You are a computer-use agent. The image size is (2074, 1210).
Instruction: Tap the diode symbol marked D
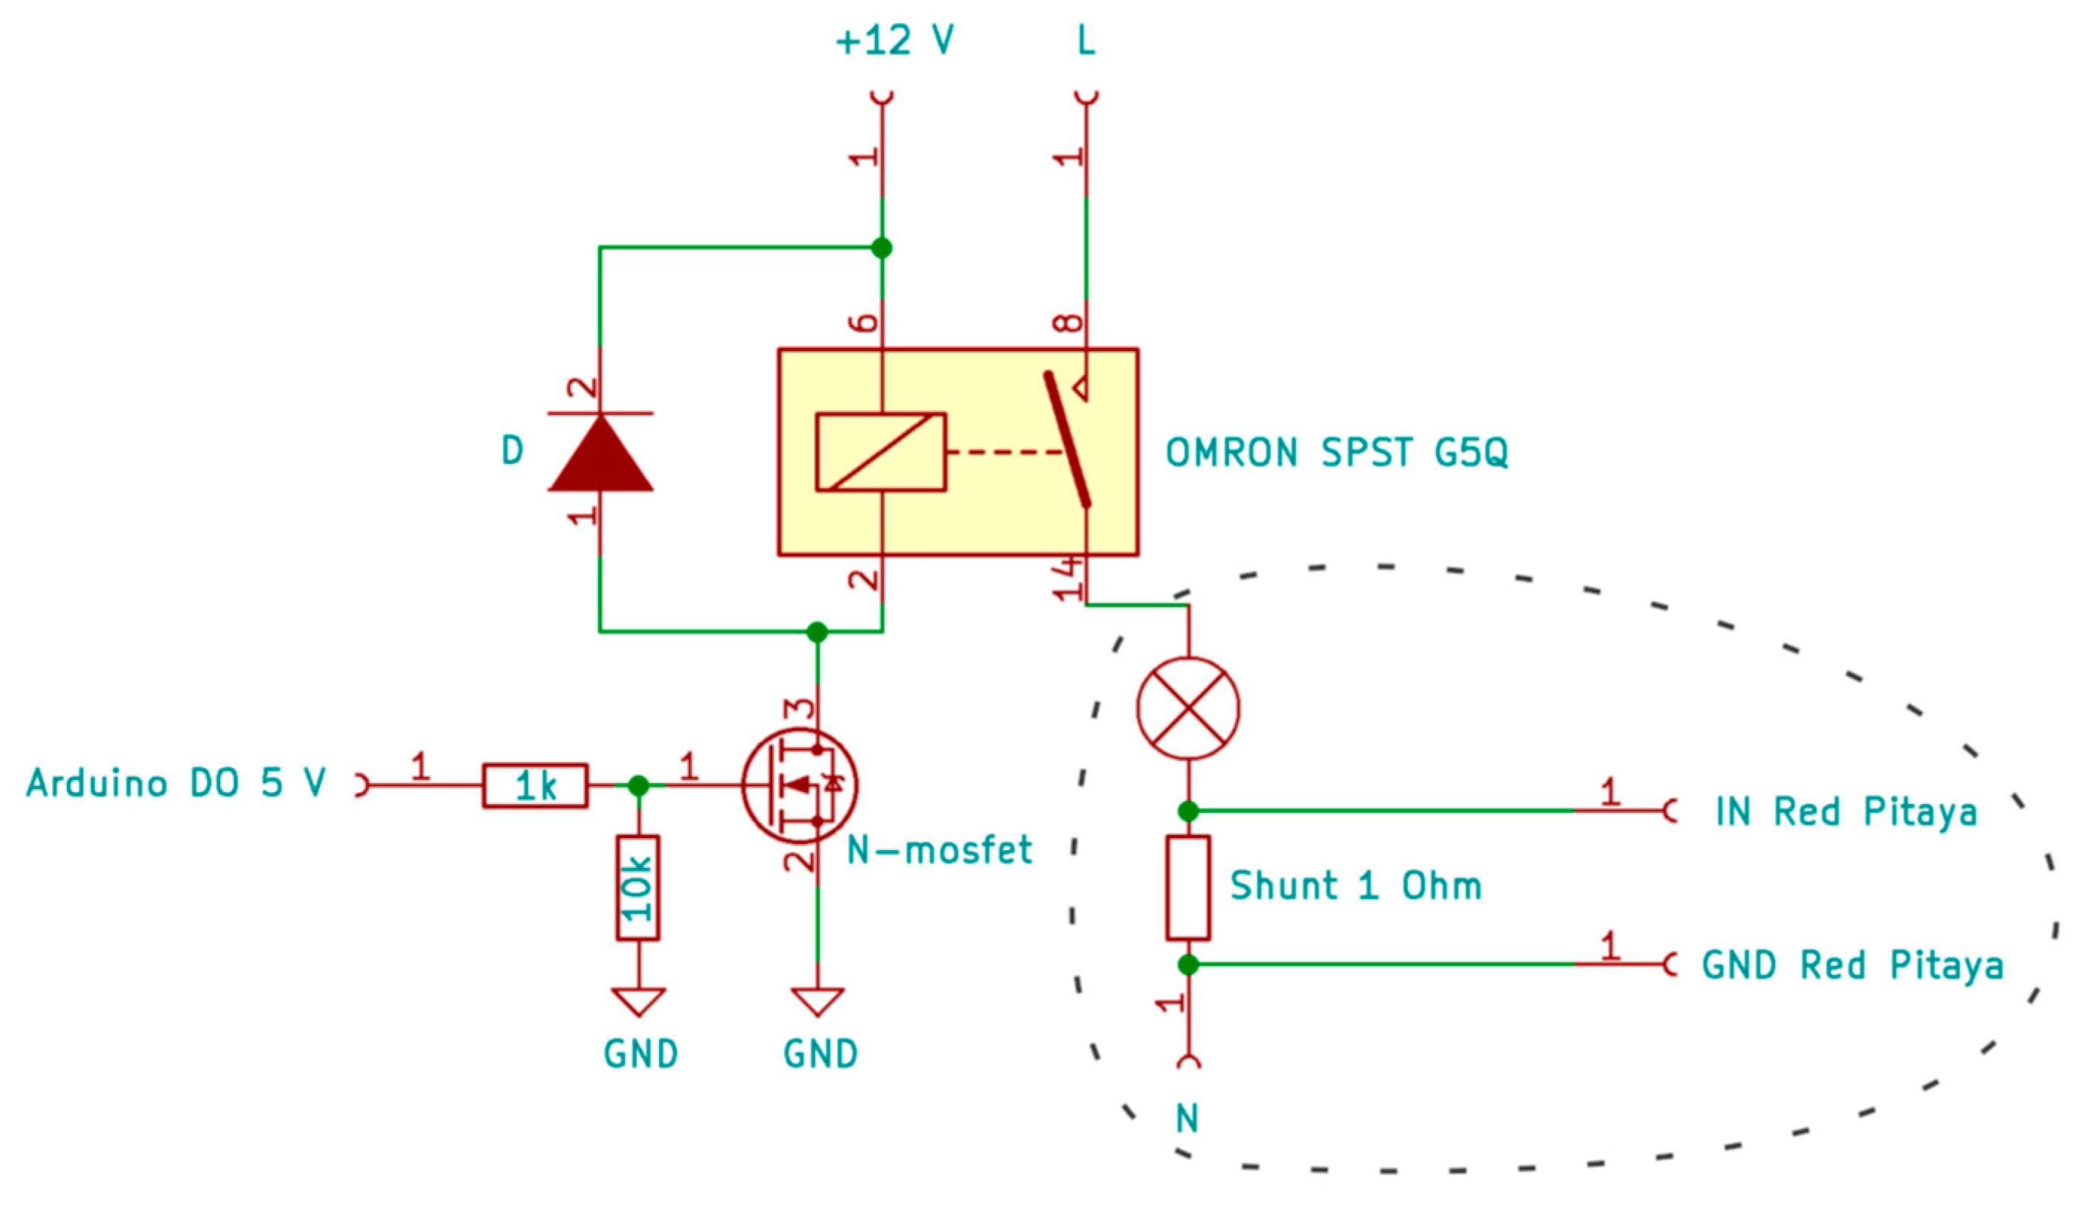point(601,452)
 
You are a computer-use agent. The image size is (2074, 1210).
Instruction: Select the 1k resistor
point(535,786)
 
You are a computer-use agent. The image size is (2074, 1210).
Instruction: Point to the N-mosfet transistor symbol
point(798,785)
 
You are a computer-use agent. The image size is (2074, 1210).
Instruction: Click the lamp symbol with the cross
point(1187,708)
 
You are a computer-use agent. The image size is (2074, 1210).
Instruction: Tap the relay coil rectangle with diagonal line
point(881,452)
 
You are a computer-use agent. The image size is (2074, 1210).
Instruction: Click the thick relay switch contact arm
point(1067,440)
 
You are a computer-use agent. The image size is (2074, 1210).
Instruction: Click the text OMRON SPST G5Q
point(1336,452)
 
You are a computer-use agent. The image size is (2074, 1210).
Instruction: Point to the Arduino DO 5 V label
point(177,783)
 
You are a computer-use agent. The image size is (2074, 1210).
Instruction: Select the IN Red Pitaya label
point(1845,812)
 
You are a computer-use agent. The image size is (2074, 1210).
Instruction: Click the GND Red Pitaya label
point(1852,965)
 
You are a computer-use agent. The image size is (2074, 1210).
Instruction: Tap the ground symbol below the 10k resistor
point(639,1002)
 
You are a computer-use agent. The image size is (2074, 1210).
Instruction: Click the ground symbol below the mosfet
point(818,1002)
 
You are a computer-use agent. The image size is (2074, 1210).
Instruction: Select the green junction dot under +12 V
point(882,248)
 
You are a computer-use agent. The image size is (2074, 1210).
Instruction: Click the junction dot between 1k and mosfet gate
point(638,786)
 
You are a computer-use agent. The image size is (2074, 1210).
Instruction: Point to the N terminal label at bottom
point(1187,1119)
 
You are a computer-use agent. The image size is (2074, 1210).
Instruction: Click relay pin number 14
point(1067,579)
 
